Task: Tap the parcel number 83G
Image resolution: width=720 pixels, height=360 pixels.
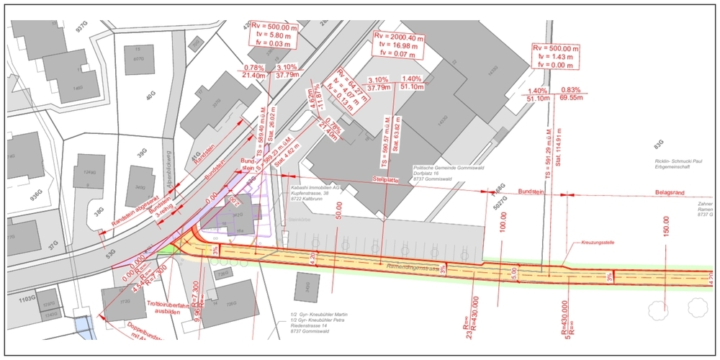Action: click(x=656, y=143)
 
